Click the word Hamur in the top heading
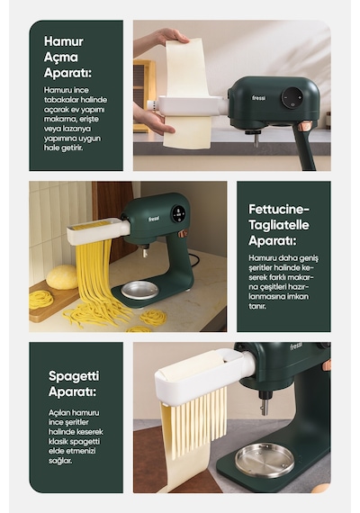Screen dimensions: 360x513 click(64, 41)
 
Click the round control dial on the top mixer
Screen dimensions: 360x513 click(292, 97)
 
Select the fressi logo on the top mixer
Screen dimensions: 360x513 click(259, 97)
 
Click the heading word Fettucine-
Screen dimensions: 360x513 click(279, 210)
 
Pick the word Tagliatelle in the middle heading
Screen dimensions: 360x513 click(279, 225)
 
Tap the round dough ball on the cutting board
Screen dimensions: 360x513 click(62, 277)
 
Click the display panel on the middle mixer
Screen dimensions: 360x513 click(178, 214)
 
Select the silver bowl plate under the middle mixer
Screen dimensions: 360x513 click(139, 290)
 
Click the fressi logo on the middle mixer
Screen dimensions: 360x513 click(154, 218)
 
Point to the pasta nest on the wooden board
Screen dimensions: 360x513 click(40, 299)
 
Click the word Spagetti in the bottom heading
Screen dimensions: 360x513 click(74, 376)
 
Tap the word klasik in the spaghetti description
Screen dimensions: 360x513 click(58, 441)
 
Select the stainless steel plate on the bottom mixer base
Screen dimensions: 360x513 click(265, 460)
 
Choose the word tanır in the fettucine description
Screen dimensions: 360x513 click(257, 306)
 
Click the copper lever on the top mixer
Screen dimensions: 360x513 click(306, 126)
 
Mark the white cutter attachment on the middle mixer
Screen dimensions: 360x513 click(99, 230)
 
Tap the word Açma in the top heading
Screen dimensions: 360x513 click(61, 58)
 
